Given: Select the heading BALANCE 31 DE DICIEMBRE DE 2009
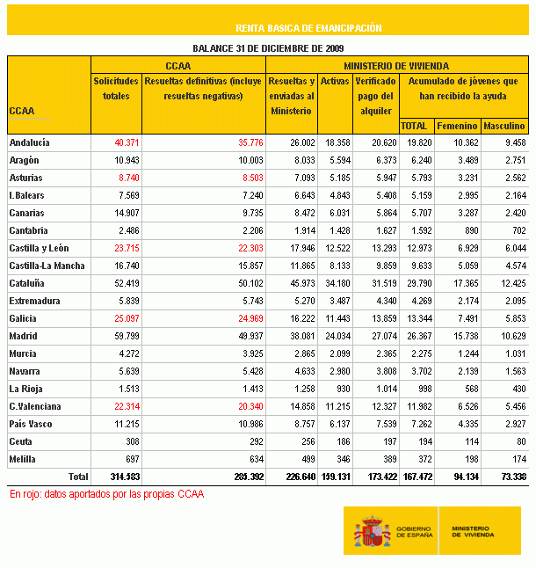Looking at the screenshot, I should [268, 48].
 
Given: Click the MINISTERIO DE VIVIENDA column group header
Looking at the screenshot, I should [396, 66].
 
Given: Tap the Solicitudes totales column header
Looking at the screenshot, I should [116, 88].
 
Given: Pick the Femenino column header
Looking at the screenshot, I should [456, 126].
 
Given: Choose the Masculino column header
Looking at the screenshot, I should [504, 126].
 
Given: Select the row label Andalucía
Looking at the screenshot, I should [29, 142].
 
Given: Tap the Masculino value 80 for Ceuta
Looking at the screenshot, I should [519, 441].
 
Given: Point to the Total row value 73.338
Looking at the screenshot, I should [510, 477].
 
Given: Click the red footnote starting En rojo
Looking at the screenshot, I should [106, 494].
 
